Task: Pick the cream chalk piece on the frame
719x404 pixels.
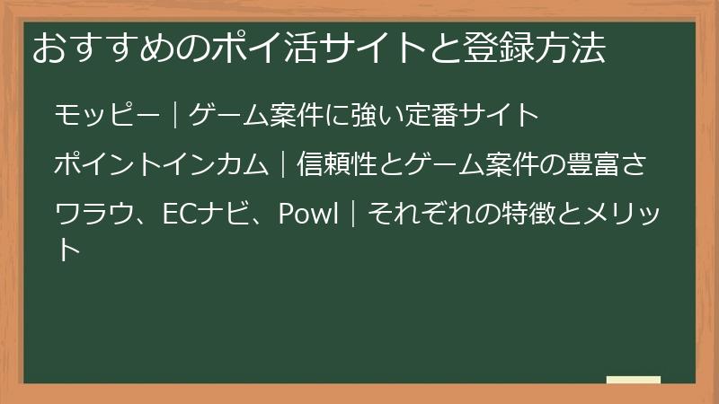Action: (x=634, y=381)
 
